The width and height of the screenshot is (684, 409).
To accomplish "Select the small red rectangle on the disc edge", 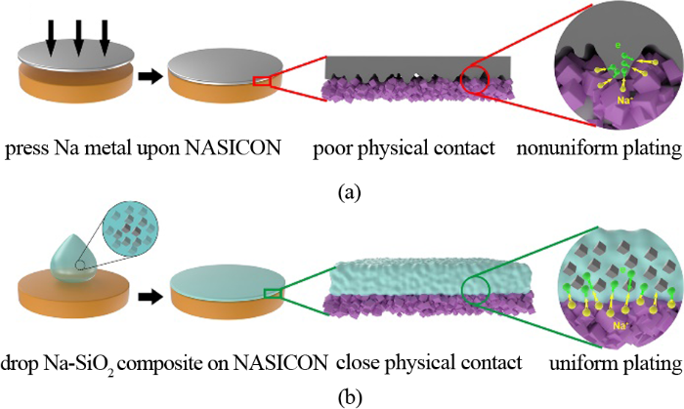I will [261, 82].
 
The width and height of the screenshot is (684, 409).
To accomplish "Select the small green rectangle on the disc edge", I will [274, 292].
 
